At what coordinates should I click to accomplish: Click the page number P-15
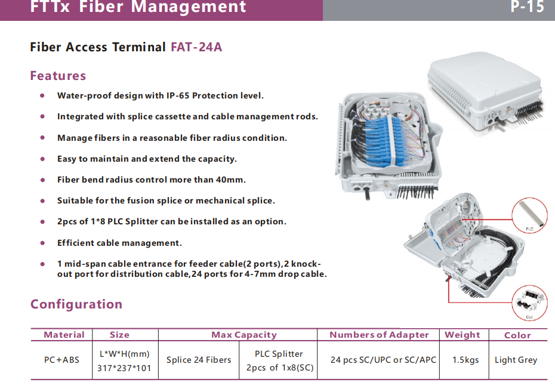528,8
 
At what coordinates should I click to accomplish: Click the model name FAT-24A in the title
196,47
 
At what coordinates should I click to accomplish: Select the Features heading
58,76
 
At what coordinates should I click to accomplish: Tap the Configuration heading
76,304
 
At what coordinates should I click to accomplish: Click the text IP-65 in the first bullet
179,95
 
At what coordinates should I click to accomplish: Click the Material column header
64,335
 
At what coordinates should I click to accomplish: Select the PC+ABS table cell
61,360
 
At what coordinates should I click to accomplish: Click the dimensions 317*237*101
124,368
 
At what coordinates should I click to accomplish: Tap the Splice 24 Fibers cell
199,360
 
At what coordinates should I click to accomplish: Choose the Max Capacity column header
244,335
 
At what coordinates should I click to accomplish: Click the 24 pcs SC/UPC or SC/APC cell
383,360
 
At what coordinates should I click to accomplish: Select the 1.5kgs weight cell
465,360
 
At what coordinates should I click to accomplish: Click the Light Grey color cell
516,360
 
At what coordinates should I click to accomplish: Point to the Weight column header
462,335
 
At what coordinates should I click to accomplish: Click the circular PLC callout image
530,216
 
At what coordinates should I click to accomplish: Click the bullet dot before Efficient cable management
42,243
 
